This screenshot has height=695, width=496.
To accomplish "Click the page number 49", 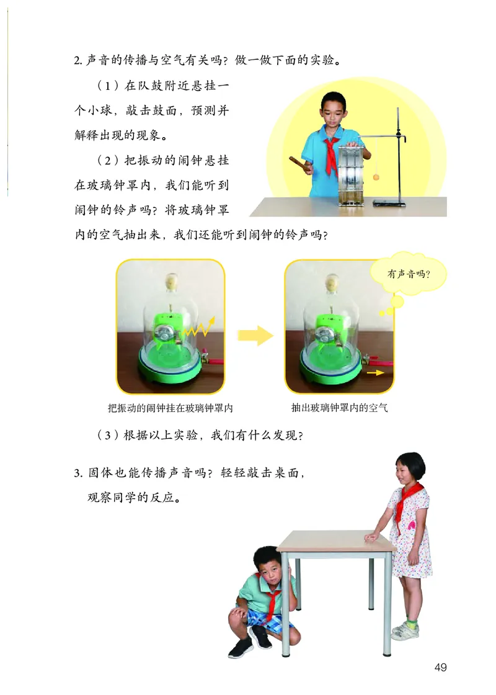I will click(440, 667).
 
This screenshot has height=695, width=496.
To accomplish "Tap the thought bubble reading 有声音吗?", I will click(409, 274).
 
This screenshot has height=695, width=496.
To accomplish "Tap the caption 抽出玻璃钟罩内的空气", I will click(339, 408).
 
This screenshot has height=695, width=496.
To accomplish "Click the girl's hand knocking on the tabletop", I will click(373, 536).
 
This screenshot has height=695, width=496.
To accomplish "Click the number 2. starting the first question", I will click(78, 61).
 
